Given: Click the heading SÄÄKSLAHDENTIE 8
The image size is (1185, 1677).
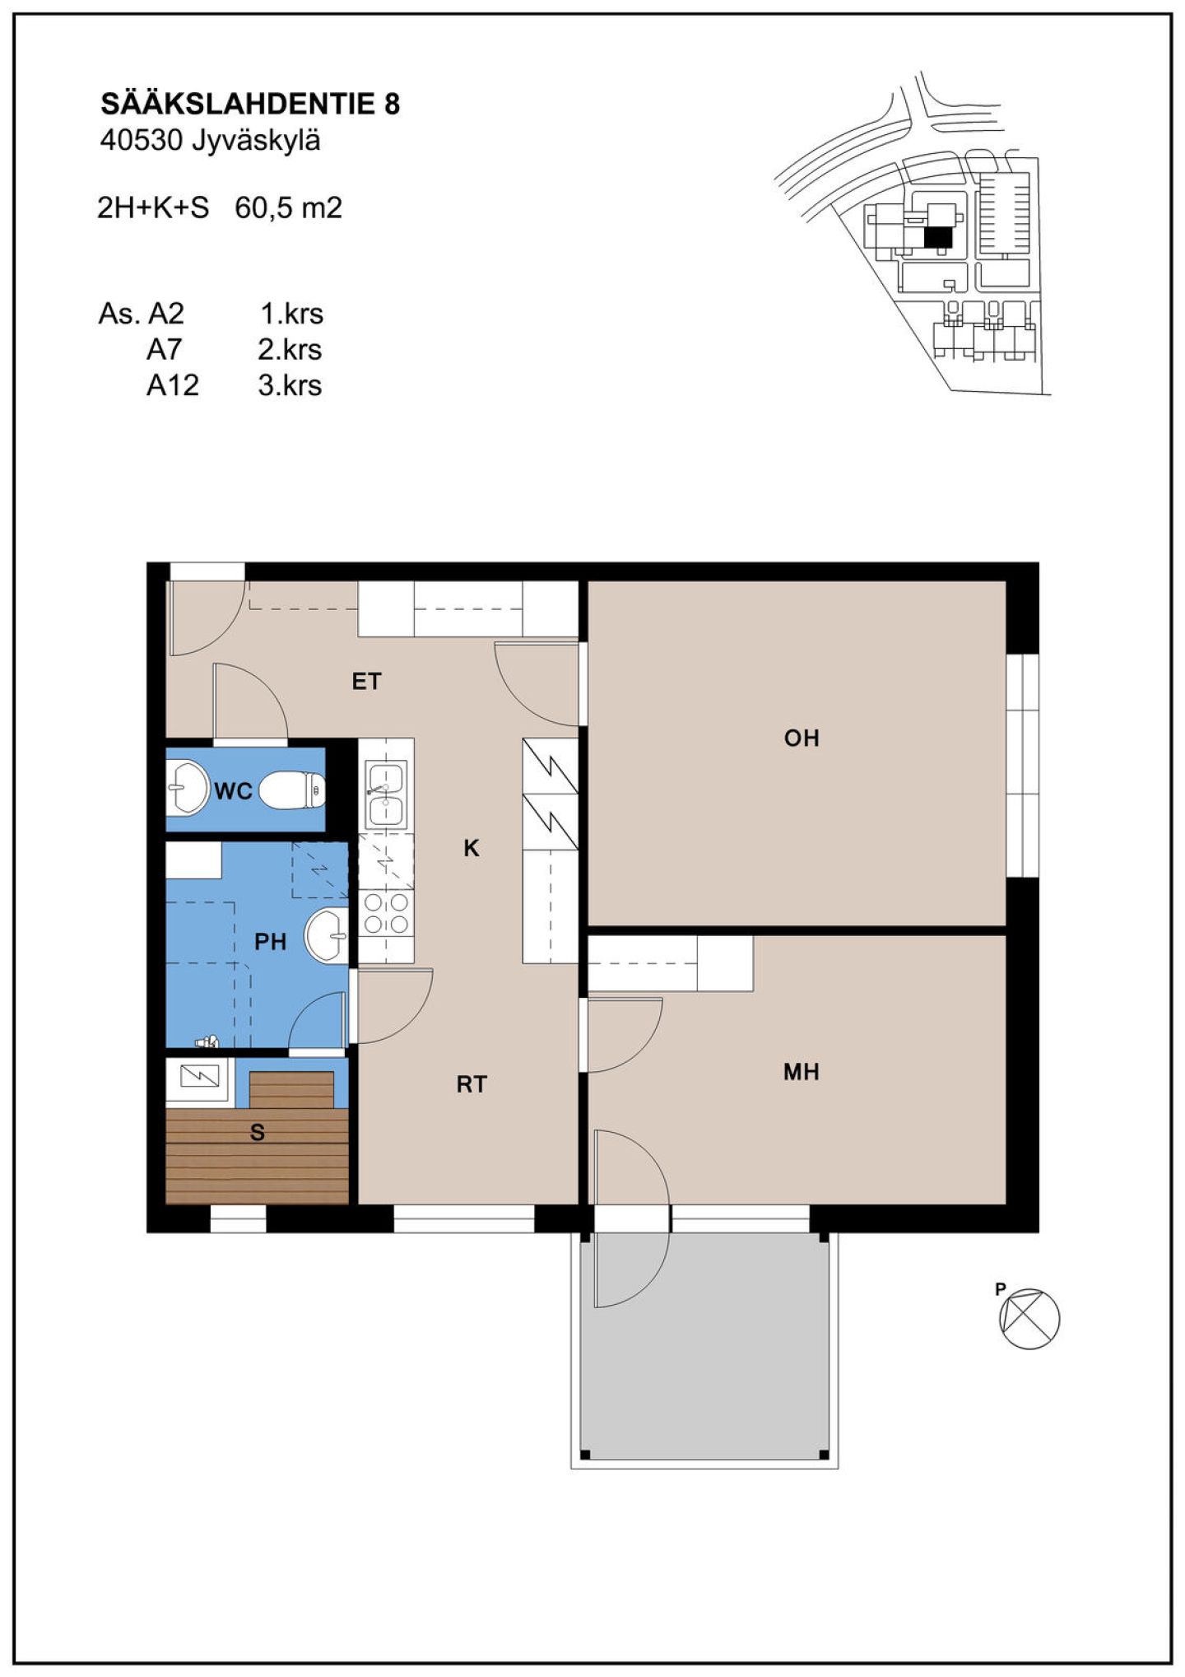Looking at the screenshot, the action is click(250, 104).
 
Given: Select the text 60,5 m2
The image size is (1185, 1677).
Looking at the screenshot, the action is click(288, 207).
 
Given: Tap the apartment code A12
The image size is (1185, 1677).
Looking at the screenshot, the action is click(172, 385).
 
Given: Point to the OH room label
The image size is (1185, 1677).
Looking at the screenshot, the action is click(802, 738).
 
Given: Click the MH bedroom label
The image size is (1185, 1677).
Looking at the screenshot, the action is click(802, 1071).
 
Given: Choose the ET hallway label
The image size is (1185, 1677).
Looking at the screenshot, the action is click(366, 682).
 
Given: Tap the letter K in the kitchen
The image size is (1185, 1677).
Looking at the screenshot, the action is click(471, 848).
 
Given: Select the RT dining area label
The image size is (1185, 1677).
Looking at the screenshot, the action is click(472, 1084).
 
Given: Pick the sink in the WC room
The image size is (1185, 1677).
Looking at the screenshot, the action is click(187, 788).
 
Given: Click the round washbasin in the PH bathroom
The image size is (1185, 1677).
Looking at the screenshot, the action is click(328, 934).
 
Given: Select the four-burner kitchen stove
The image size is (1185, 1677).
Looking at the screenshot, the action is click(386, 913).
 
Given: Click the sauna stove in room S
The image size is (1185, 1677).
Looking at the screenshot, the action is click(200, 1076).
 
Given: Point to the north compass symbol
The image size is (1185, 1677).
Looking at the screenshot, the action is click(1029, 1318).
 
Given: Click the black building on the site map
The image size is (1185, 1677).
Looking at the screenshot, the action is click(937, 237).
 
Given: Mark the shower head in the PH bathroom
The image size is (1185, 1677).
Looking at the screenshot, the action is click(207, 1041).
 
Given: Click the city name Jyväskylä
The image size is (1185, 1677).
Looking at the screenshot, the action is click(256, 142).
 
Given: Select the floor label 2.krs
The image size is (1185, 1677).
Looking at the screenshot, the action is click(290, 350).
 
